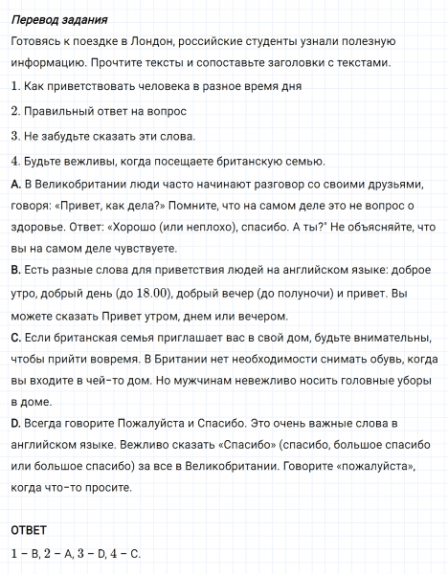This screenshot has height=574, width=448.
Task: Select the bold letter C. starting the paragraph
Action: pyautogui.click(x=14, y=339)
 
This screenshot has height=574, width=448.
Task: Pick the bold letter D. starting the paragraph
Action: pyautogui.click(x=15, y=422)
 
